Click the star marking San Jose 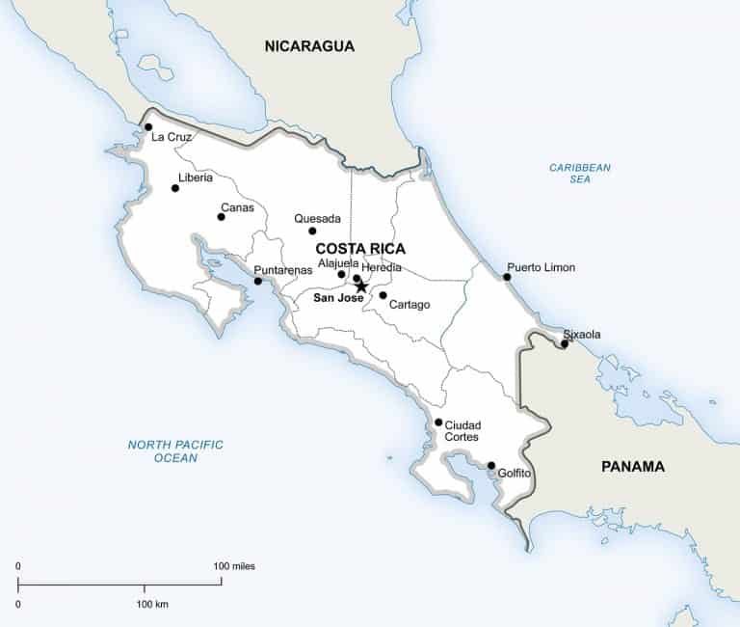(x=361, y=286)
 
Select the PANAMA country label (x=633, y=466)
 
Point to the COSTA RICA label (x=360, y=248)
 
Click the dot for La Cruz (x=148, y=126)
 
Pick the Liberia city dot (x=175, y=188)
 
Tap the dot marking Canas (x=221, y=217)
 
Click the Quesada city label (x=318, y=218)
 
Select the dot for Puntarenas (x=257, y=282)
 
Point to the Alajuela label (x=338, y=262)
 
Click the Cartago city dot (x=383, y=295)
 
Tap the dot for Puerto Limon (x=507, y=277)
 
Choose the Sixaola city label (x=582, y=334)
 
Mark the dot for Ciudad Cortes (x=438, y=423)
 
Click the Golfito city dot (x=491, y=465)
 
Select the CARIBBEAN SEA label (x=580, y=173)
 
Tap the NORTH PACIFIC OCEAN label (x=175, y=450)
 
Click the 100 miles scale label (x=235, y=566)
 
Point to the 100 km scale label (x=152, y=604)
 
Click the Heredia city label (x=382, y=267)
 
